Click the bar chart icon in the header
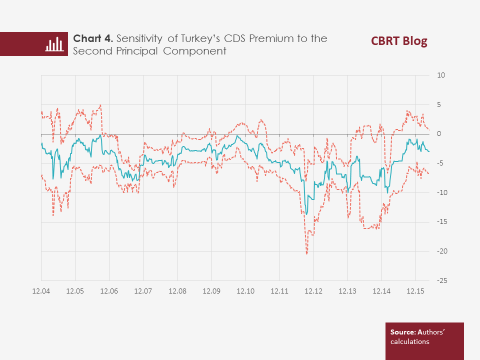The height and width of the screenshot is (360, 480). coord(54,44)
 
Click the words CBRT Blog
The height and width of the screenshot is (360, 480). coord(399,41)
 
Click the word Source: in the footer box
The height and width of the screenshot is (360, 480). coord(403,332)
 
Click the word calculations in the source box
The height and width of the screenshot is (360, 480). coord(409,342)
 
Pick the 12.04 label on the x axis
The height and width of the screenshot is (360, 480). coord(41,291)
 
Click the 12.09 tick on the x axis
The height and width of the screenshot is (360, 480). coord(211,291)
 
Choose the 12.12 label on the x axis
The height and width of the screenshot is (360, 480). coord(313,291)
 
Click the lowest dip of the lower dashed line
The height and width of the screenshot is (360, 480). coord(306,253)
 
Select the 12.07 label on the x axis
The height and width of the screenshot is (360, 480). coord(143,291)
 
